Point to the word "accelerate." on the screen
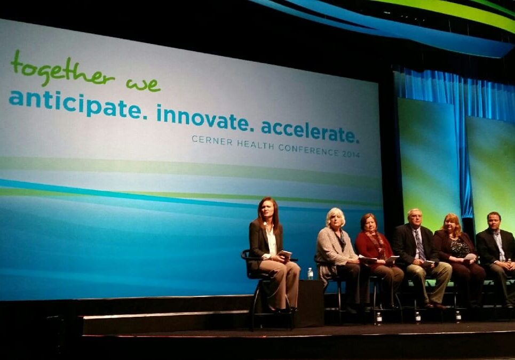coord(310,130)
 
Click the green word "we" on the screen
coord(143,84)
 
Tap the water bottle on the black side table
coord(310,274)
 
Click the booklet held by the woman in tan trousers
coord(285,254)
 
